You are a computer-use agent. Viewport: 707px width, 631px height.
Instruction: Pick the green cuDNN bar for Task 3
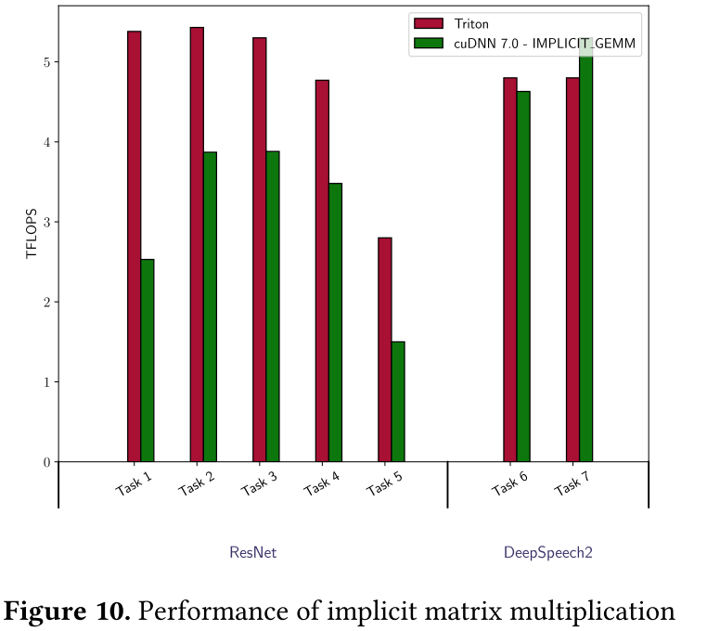point(273,306)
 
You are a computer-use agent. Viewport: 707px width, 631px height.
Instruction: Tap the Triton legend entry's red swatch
point(429,23)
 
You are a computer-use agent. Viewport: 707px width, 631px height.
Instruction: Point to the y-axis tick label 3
point(44,222)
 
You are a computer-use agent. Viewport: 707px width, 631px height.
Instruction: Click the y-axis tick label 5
point(44,62)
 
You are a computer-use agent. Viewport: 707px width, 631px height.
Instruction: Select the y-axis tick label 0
point(44,462)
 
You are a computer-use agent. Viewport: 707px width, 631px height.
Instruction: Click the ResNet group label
point(252,553)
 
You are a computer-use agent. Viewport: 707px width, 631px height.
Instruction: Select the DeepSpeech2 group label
point(547,553)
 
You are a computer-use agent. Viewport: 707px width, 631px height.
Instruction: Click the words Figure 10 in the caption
point(67,612)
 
